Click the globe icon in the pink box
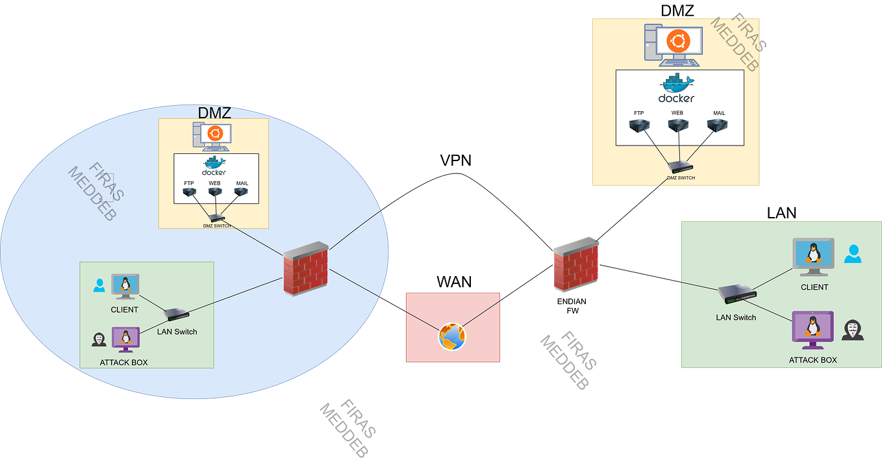pyautogui.click(x=452, y=337)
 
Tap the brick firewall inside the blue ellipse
pyautogui.click(x=306, y=269)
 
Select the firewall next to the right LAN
pyautogui.click(x=575, y=264)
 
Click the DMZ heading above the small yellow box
pyautogui.click(x=214, y=113)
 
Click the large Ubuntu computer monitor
pyautogui.click(x=678, y=43)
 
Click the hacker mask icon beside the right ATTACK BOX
pyautogui.click(x=852, y=330)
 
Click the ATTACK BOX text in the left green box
pyautogui.click(x=123, y=362)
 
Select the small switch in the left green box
pyautogui.click(x=177, y=314)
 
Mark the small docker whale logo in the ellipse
pyautogui.click(x=214, y=164)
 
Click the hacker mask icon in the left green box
pyautogui.click(x=99, y=339)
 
